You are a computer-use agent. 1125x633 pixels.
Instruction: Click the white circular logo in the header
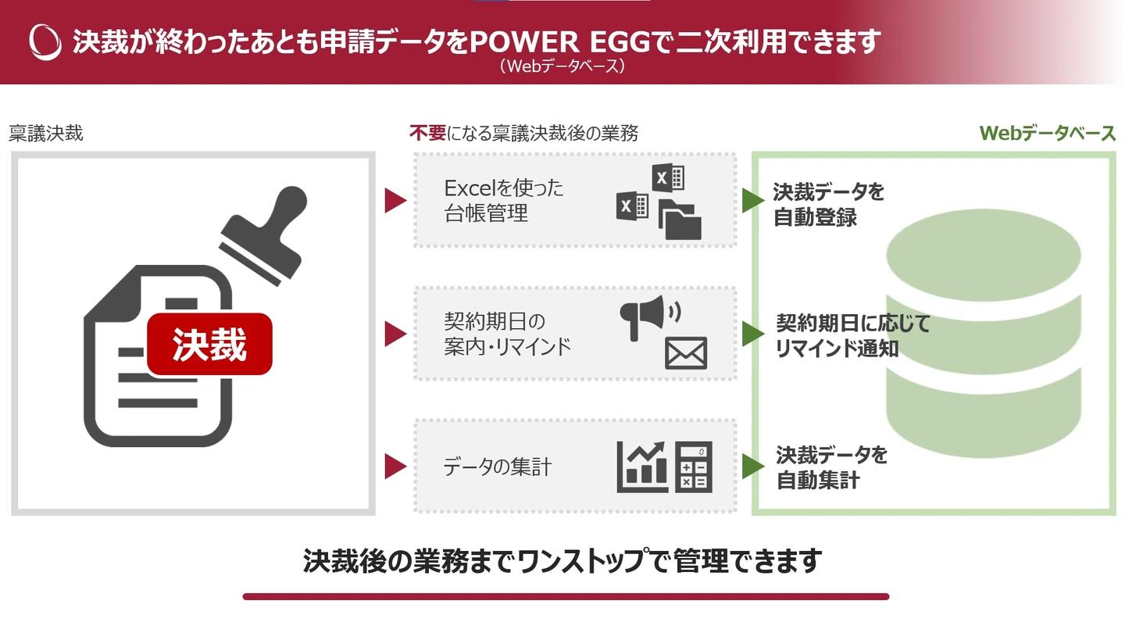pyautogui.click(x=45, y=41)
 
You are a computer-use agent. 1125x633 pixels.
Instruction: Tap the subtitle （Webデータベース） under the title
pyautogui.click(x=562, y=67)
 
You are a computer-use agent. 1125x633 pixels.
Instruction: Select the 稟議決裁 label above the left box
pyautogui.click(x=46, y=134)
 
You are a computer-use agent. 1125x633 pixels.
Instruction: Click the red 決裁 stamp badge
pyautogui.click(x=209, y=345)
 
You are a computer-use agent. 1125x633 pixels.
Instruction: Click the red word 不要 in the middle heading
pyautogui.click(x=427, y=134)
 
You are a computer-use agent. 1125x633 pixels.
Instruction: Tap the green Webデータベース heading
pyautogui.click(x=1048, y=134)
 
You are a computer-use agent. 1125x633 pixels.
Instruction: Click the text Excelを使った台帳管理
pyautogui.click(x=504, y=200)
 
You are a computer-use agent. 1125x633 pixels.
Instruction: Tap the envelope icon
pyautogui.click(x=686, y=353)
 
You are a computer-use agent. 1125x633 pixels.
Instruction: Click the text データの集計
pyautogui.click(x=498, y=467)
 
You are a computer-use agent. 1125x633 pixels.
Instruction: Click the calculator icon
pyautogui.click(x=694, y=467)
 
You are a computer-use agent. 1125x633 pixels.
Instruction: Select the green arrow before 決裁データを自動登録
pyautogui.click(x=752, y=201)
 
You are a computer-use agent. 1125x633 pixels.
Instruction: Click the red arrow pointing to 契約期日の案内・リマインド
pyautogui.click(x=395, y=334)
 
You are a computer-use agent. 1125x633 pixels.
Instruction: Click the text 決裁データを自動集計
pyautogui.click(x=831, y=467)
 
